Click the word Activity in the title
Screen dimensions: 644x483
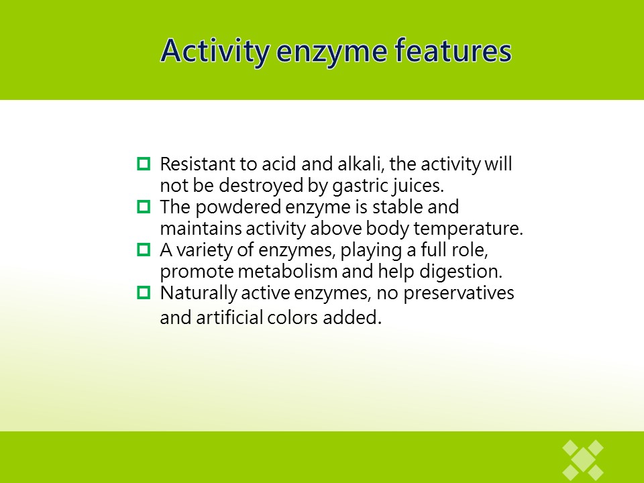pyautogui.click(x=215, y=51)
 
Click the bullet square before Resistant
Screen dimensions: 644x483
pyautogui.click(x=144, y=164)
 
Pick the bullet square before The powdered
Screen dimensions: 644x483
pyautogui.click(x=144, y=206)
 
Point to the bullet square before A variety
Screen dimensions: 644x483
pyautogui.click(x=144, y=250)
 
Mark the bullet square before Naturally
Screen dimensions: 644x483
pyautogui.click(x=144, y=292)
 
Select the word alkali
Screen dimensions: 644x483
pyautogui.click(x=361, y=164)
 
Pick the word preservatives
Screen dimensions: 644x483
pyautogui.click(x=459, y=294)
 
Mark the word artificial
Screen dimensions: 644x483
pyautogui.click(x=229, y=317)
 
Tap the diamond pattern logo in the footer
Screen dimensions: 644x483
pyautogui.click(x=583, y=460)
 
